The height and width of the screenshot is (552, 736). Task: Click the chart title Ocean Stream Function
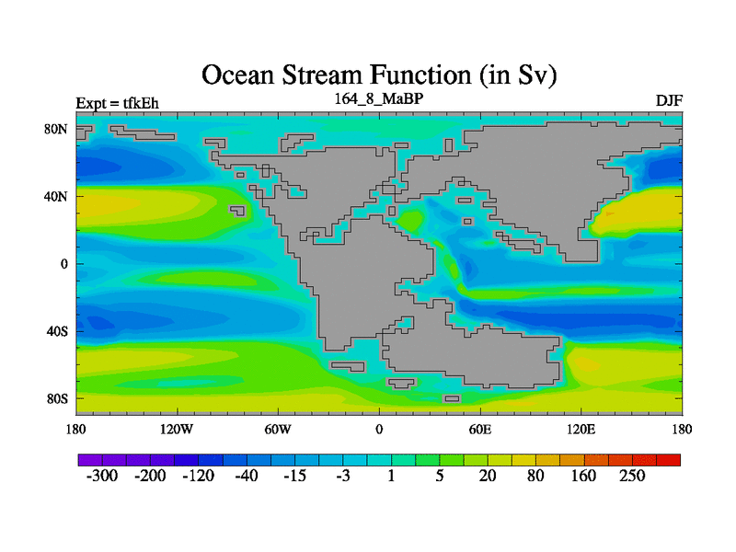(337, 75)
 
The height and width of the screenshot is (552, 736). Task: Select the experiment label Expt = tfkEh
(118, 103)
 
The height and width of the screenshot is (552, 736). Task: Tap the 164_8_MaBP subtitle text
(379, 99)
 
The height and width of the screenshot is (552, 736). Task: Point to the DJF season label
(669, 100)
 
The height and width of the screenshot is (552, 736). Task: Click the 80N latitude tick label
(56, 129)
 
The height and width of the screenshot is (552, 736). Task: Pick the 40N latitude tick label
(56, 196)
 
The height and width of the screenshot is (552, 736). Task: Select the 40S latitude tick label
(57, 331)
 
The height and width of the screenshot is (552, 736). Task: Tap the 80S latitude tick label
(57, 399)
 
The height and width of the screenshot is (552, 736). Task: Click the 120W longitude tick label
(177, 429)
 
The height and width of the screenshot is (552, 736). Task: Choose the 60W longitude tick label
(278, 429)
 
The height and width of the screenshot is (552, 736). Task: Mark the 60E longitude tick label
(480, 429)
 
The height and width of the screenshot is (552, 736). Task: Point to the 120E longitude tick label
(581, 429)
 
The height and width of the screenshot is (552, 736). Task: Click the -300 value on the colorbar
(102, 476)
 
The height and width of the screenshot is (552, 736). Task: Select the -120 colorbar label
(198, 476)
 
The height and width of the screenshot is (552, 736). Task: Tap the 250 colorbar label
(632, 476)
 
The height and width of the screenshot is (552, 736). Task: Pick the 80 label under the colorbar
(535, 476)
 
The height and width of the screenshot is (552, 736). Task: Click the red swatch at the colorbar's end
(669, 460)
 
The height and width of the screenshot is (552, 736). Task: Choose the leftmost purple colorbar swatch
(90, 460)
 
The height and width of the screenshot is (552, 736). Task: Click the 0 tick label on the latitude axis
(64, 264)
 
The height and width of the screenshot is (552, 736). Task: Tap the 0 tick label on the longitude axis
(379, 429)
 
